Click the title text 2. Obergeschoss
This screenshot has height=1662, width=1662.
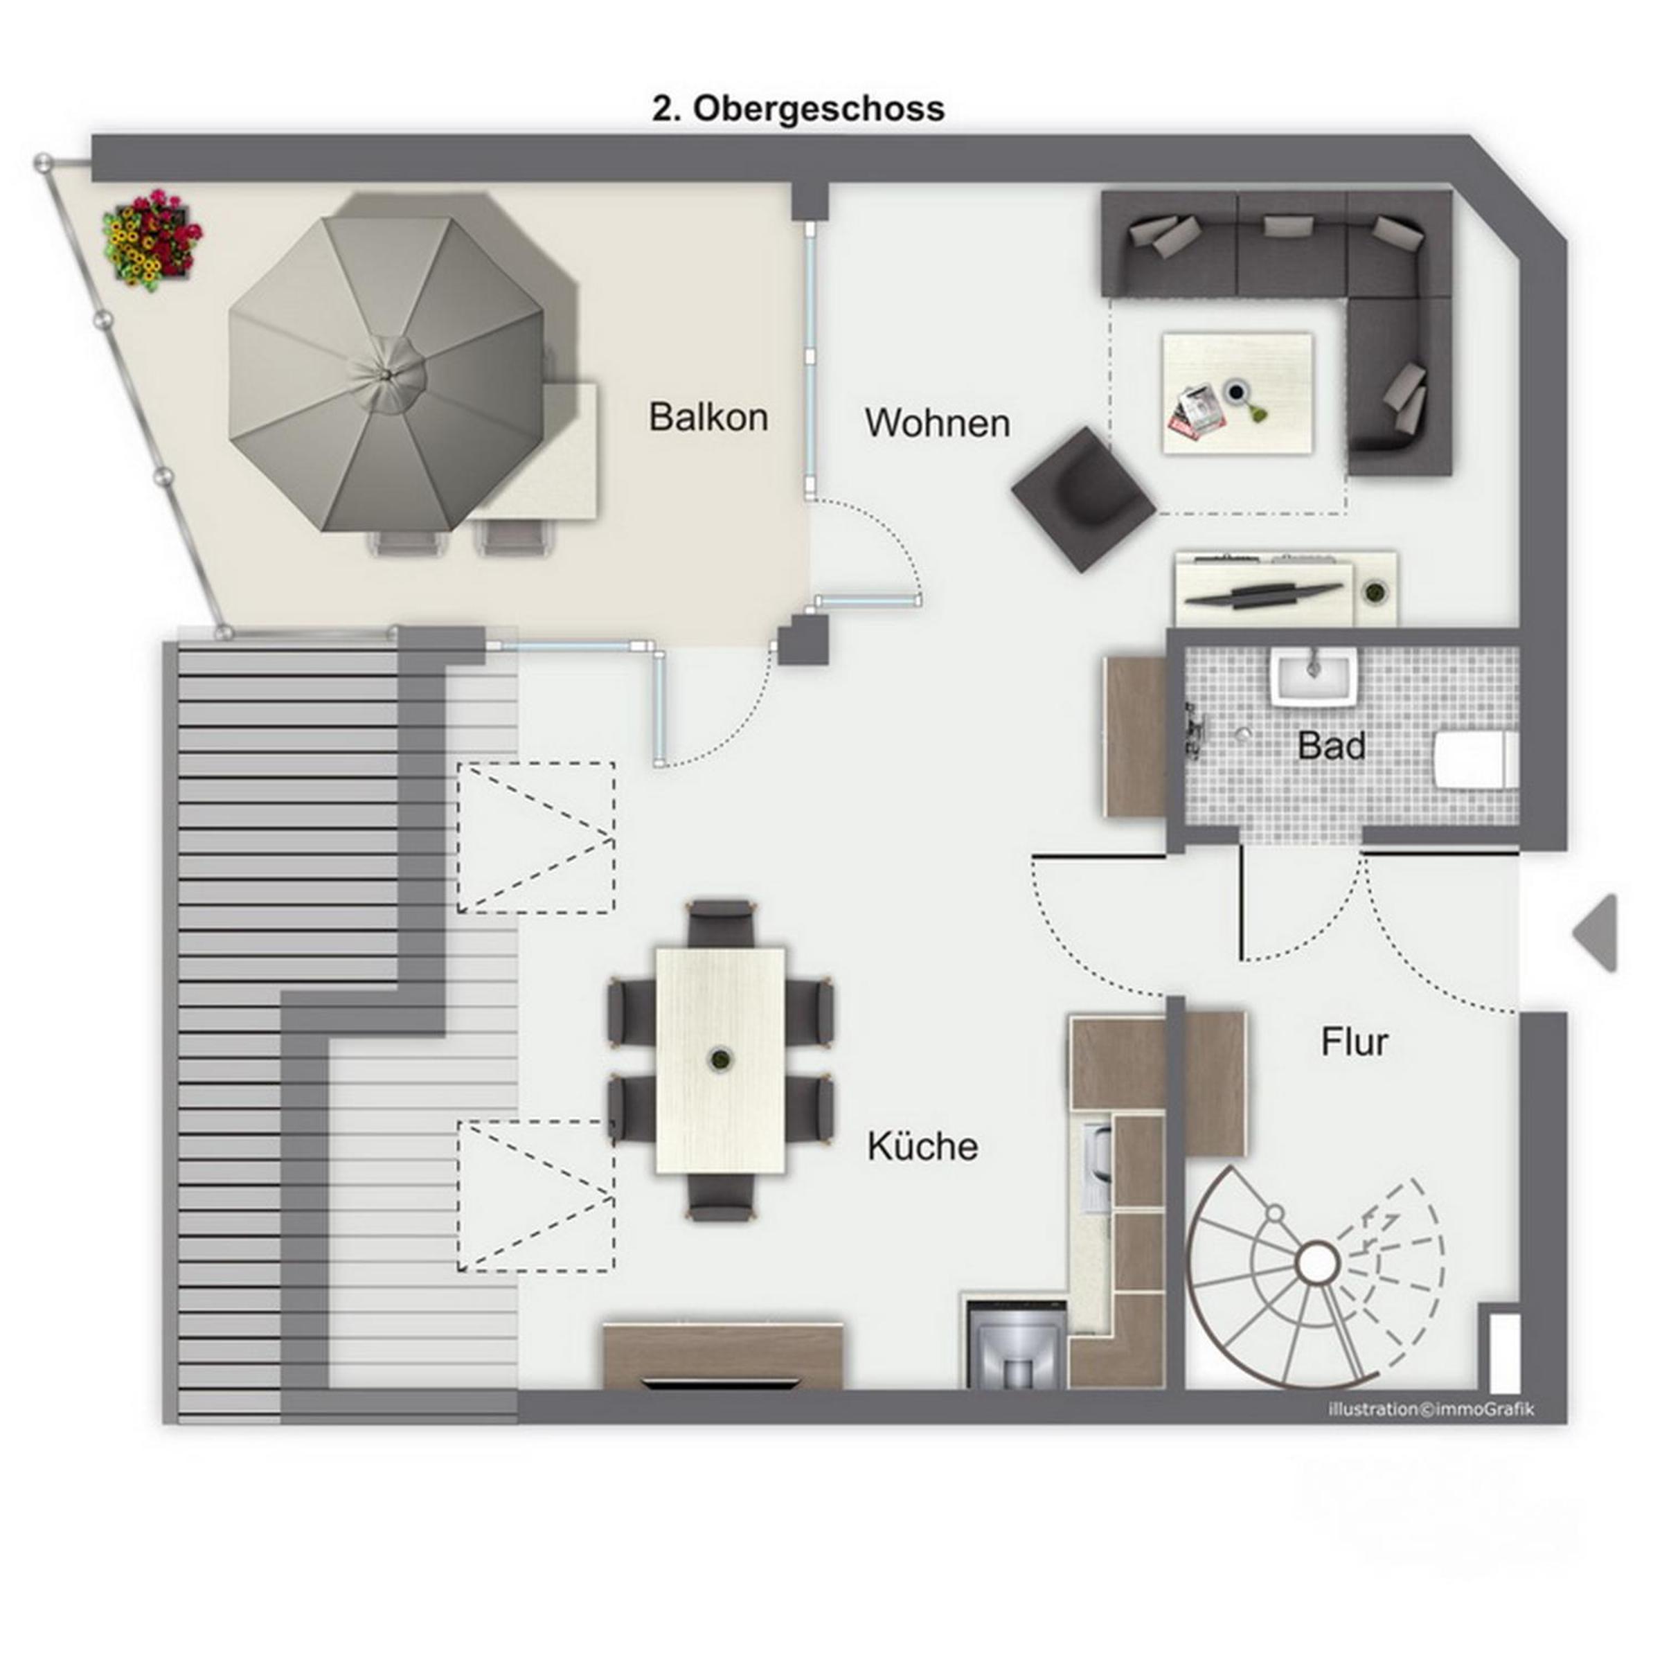tap(798, 109)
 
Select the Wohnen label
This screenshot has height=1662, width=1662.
tap(937, 423)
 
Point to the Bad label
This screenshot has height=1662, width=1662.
tap(1331, 746)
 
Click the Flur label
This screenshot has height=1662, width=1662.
tap(1354, 1043)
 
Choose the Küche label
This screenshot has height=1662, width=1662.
tap(922, 1146)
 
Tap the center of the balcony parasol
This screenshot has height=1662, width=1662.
tap(386, 373)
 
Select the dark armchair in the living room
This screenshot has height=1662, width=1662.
tap(1083, 498)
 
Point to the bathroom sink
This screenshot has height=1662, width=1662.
tap(1313, 678)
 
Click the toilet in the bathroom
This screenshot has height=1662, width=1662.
tap(1475, 760)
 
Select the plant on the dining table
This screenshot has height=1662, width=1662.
tap(717, 1059)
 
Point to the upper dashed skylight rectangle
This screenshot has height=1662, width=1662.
tap(536, 837)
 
